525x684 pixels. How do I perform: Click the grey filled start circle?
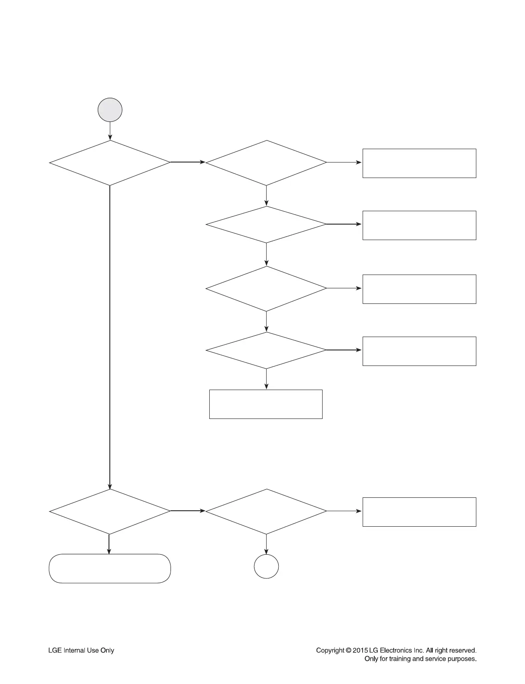pos(110,110)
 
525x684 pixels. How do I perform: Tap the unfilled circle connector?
pos(266,566)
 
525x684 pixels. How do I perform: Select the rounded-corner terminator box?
pos(110,568)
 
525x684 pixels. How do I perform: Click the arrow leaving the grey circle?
pos(110,131)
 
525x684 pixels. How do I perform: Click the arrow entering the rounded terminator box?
pos(109,544)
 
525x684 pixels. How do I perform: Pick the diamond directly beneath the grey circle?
pos(110,162)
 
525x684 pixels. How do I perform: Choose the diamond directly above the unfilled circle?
pos(266,511)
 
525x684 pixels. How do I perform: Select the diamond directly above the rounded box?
pos(110,511)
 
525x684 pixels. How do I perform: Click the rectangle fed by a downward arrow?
pos(266,404)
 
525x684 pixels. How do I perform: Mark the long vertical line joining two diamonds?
pos(110,336)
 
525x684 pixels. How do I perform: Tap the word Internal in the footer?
pos(75,650)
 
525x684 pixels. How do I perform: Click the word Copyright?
pos(330,650)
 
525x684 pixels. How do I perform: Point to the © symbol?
pos(348,650)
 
